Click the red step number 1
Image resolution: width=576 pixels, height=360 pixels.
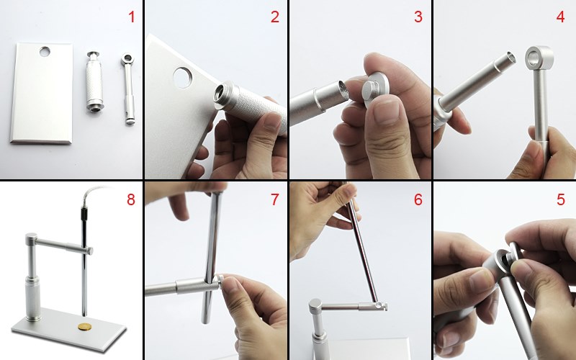tap(132, 17)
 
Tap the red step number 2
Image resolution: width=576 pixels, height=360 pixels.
tap(275, 17)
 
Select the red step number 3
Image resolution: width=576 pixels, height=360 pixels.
tap(418, 17)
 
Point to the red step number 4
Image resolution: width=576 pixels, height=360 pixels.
tap(560, 17)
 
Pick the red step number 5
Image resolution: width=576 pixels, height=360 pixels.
tap(561, 199)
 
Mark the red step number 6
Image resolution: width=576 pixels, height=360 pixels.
tap(418, 199)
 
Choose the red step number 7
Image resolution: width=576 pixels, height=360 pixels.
tap(275, 199)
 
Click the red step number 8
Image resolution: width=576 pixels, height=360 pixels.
tap(131, 199)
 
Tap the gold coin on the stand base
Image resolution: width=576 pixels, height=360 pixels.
tap(85, 326)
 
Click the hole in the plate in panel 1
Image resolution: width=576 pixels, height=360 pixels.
tap(45, 52)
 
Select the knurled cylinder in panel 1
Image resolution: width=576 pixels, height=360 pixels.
tap(94, 81)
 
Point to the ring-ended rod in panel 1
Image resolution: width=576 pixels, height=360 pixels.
tap(128, 89)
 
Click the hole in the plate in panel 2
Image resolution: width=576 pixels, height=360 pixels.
tap(183, 78)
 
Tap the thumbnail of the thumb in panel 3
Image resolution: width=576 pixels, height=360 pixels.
tap(385, 112)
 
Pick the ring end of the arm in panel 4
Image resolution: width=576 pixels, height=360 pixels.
tap(539, 58)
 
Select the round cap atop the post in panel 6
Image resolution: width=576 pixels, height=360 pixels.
tap(315, 305)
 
